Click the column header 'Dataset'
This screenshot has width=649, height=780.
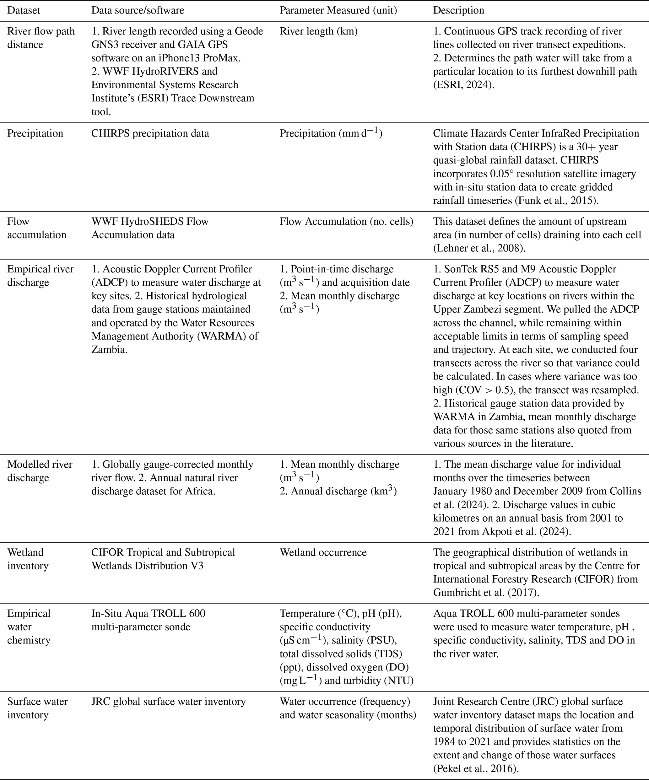tap(24, 10)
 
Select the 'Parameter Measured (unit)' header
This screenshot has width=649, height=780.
tap(338, 10)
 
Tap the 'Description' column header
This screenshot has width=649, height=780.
tap(458, 10)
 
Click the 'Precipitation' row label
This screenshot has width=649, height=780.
tap(35, 133)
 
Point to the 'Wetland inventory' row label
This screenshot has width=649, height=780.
tap(28, 559)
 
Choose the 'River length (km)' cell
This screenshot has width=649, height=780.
tap(318, 31)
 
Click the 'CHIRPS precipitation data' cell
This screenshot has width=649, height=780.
tap(150, 133)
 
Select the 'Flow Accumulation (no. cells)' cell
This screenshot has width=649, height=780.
tap(346, 221)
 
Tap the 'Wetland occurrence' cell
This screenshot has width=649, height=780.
tap(323, 552)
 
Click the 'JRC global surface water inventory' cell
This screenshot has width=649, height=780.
tap(168, 701)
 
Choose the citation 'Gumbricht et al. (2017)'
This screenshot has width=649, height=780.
tap(485, 592)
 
